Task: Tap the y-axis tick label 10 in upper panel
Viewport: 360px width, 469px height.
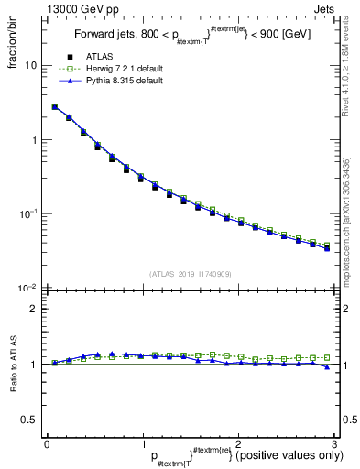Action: pyautogui.click(x=32, y=66)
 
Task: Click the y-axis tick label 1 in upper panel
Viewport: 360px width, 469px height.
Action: pyautogui.click(x=35, y=140)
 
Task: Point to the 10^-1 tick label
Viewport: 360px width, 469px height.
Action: pyautogui.click(x=30, y=213)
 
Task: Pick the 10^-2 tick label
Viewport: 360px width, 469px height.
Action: pyautogui.click(x=30, y=288)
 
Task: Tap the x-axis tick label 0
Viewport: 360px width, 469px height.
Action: pyautogui.click(x=47, y=445)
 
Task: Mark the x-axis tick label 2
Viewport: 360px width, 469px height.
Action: pyautogui.click(x=238, y=445)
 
